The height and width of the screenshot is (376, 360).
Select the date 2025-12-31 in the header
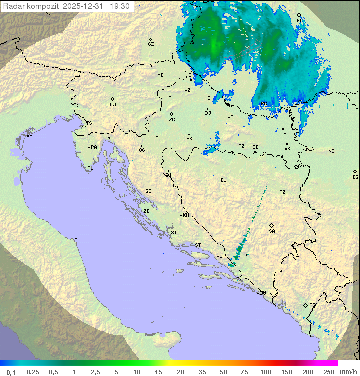[x=84, y=6]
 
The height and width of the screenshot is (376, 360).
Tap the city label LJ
[x=113, y=105]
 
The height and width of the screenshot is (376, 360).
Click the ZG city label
[x=172, y=120]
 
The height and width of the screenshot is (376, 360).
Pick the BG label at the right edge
[x=355, y=177]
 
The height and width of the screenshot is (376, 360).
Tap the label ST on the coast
[x=198, y=245]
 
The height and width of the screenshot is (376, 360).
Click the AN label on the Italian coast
[x=77, y=240]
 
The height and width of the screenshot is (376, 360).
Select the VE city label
[x=29, y=136]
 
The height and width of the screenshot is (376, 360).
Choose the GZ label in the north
[x=151, y=44]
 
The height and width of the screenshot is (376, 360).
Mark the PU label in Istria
[x=90, y=168]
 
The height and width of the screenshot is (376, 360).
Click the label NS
[x=331, y=151]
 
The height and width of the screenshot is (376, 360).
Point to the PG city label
[x=312, y=305]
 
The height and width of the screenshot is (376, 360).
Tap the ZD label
[x=146, y=211]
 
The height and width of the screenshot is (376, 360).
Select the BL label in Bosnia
[x=223, y=180]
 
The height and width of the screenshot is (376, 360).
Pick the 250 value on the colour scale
[x=329, y=372]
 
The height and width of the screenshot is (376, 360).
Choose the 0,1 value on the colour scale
[x=11, y=372]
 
